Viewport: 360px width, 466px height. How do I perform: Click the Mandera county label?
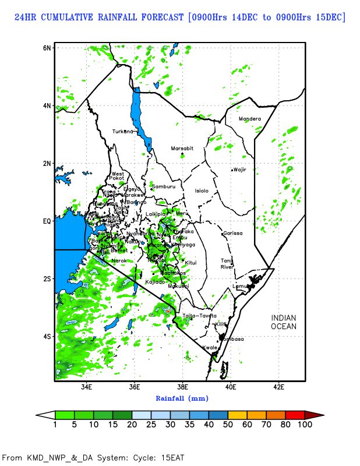250,119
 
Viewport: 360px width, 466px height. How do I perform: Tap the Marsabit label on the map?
182,149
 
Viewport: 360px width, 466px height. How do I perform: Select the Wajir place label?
240,170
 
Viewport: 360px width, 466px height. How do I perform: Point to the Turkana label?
123,131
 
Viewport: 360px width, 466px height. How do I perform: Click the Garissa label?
232,233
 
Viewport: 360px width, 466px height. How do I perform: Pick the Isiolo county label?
201,190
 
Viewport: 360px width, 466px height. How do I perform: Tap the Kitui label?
190,263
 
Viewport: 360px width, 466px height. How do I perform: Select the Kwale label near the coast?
209,347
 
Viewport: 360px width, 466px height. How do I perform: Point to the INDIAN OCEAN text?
284,322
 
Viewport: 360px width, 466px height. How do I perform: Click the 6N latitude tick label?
47,47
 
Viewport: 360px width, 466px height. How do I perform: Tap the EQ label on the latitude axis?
47,221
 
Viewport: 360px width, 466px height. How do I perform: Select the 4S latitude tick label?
47,336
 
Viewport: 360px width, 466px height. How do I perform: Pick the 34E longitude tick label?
87,387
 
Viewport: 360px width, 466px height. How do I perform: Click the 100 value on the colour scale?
305,425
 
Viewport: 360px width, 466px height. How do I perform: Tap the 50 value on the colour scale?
228,425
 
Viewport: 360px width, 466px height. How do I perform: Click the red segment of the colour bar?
295,414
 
